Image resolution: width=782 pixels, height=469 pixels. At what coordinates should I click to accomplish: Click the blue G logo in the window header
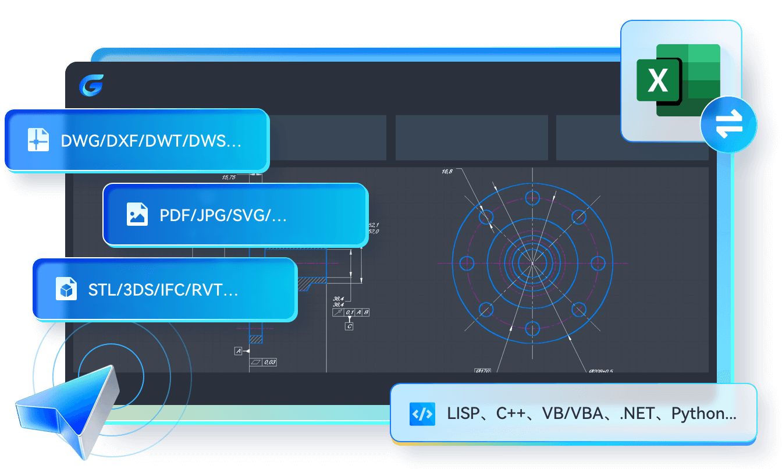click(x=91, y=86)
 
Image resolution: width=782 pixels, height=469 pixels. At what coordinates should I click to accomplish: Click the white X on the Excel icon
click(x=658, y=80)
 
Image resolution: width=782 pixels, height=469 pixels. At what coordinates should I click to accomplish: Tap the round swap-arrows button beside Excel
click(x=728, y=124)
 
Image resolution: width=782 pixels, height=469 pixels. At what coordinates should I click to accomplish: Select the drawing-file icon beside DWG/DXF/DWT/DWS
click(x=38, y=140)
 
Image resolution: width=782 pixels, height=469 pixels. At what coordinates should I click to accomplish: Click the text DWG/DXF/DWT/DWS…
click(x=151, y=141)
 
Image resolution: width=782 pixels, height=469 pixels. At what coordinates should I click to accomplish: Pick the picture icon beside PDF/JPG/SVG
click(x=137, y=214)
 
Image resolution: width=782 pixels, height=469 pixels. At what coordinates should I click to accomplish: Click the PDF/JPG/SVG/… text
click(x=223, y=215)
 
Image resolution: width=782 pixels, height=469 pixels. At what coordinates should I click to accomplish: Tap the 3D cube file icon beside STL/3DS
click(x=66, y=289)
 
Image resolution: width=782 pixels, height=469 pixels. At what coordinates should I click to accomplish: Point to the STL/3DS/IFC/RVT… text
click(x=163, y=289)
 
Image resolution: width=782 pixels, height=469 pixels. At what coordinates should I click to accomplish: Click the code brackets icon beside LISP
click(x=422, y=414)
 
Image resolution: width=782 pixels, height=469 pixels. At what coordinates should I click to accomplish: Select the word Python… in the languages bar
click(x=703, y=414)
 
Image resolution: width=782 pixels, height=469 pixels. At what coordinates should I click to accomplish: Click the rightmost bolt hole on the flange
click(x=598, y=263)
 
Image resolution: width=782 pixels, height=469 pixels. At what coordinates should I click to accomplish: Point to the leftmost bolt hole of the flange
click(x=467, y=263)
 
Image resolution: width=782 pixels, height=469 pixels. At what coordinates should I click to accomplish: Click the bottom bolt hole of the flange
click(x=532, y=329)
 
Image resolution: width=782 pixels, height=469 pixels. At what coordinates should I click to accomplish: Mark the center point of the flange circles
click(x=532, y=263)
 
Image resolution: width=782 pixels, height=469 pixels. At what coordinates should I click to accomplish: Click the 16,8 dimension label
click(x=447, y=172)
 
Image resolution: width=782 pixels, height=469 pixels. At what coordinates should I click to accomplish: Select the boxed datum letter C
click(x=349, y=326)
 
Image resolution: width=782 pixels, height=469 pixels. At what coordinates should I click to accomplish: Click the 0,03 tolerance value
click(x=269, y=362)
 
